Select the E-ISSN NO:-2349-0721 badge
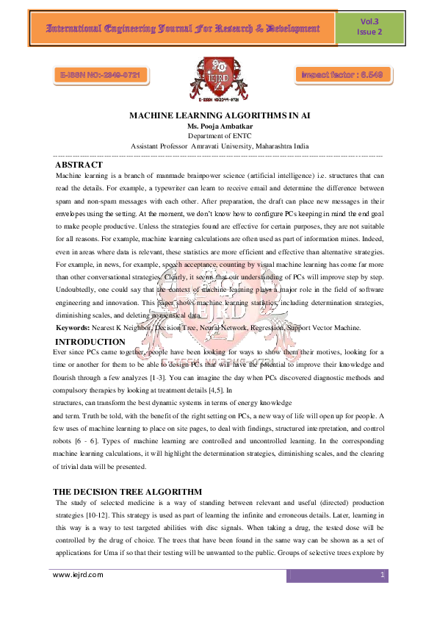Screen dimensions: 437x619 tap(101, 75)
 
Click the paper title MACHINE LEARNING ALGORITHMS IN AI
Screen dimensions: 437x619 tap(218, 116)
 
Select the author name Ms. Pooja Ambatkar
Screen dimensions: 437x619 tap(218, 126)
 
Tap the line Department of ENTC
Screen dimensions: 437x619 tap(218, 136)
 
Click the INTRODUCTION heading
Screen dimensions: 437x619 tap(90, 342)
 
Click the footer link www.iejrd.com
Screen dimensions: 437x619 tap(78, 575)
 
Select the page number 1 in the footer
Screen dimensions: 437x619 tap(383, 575)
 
